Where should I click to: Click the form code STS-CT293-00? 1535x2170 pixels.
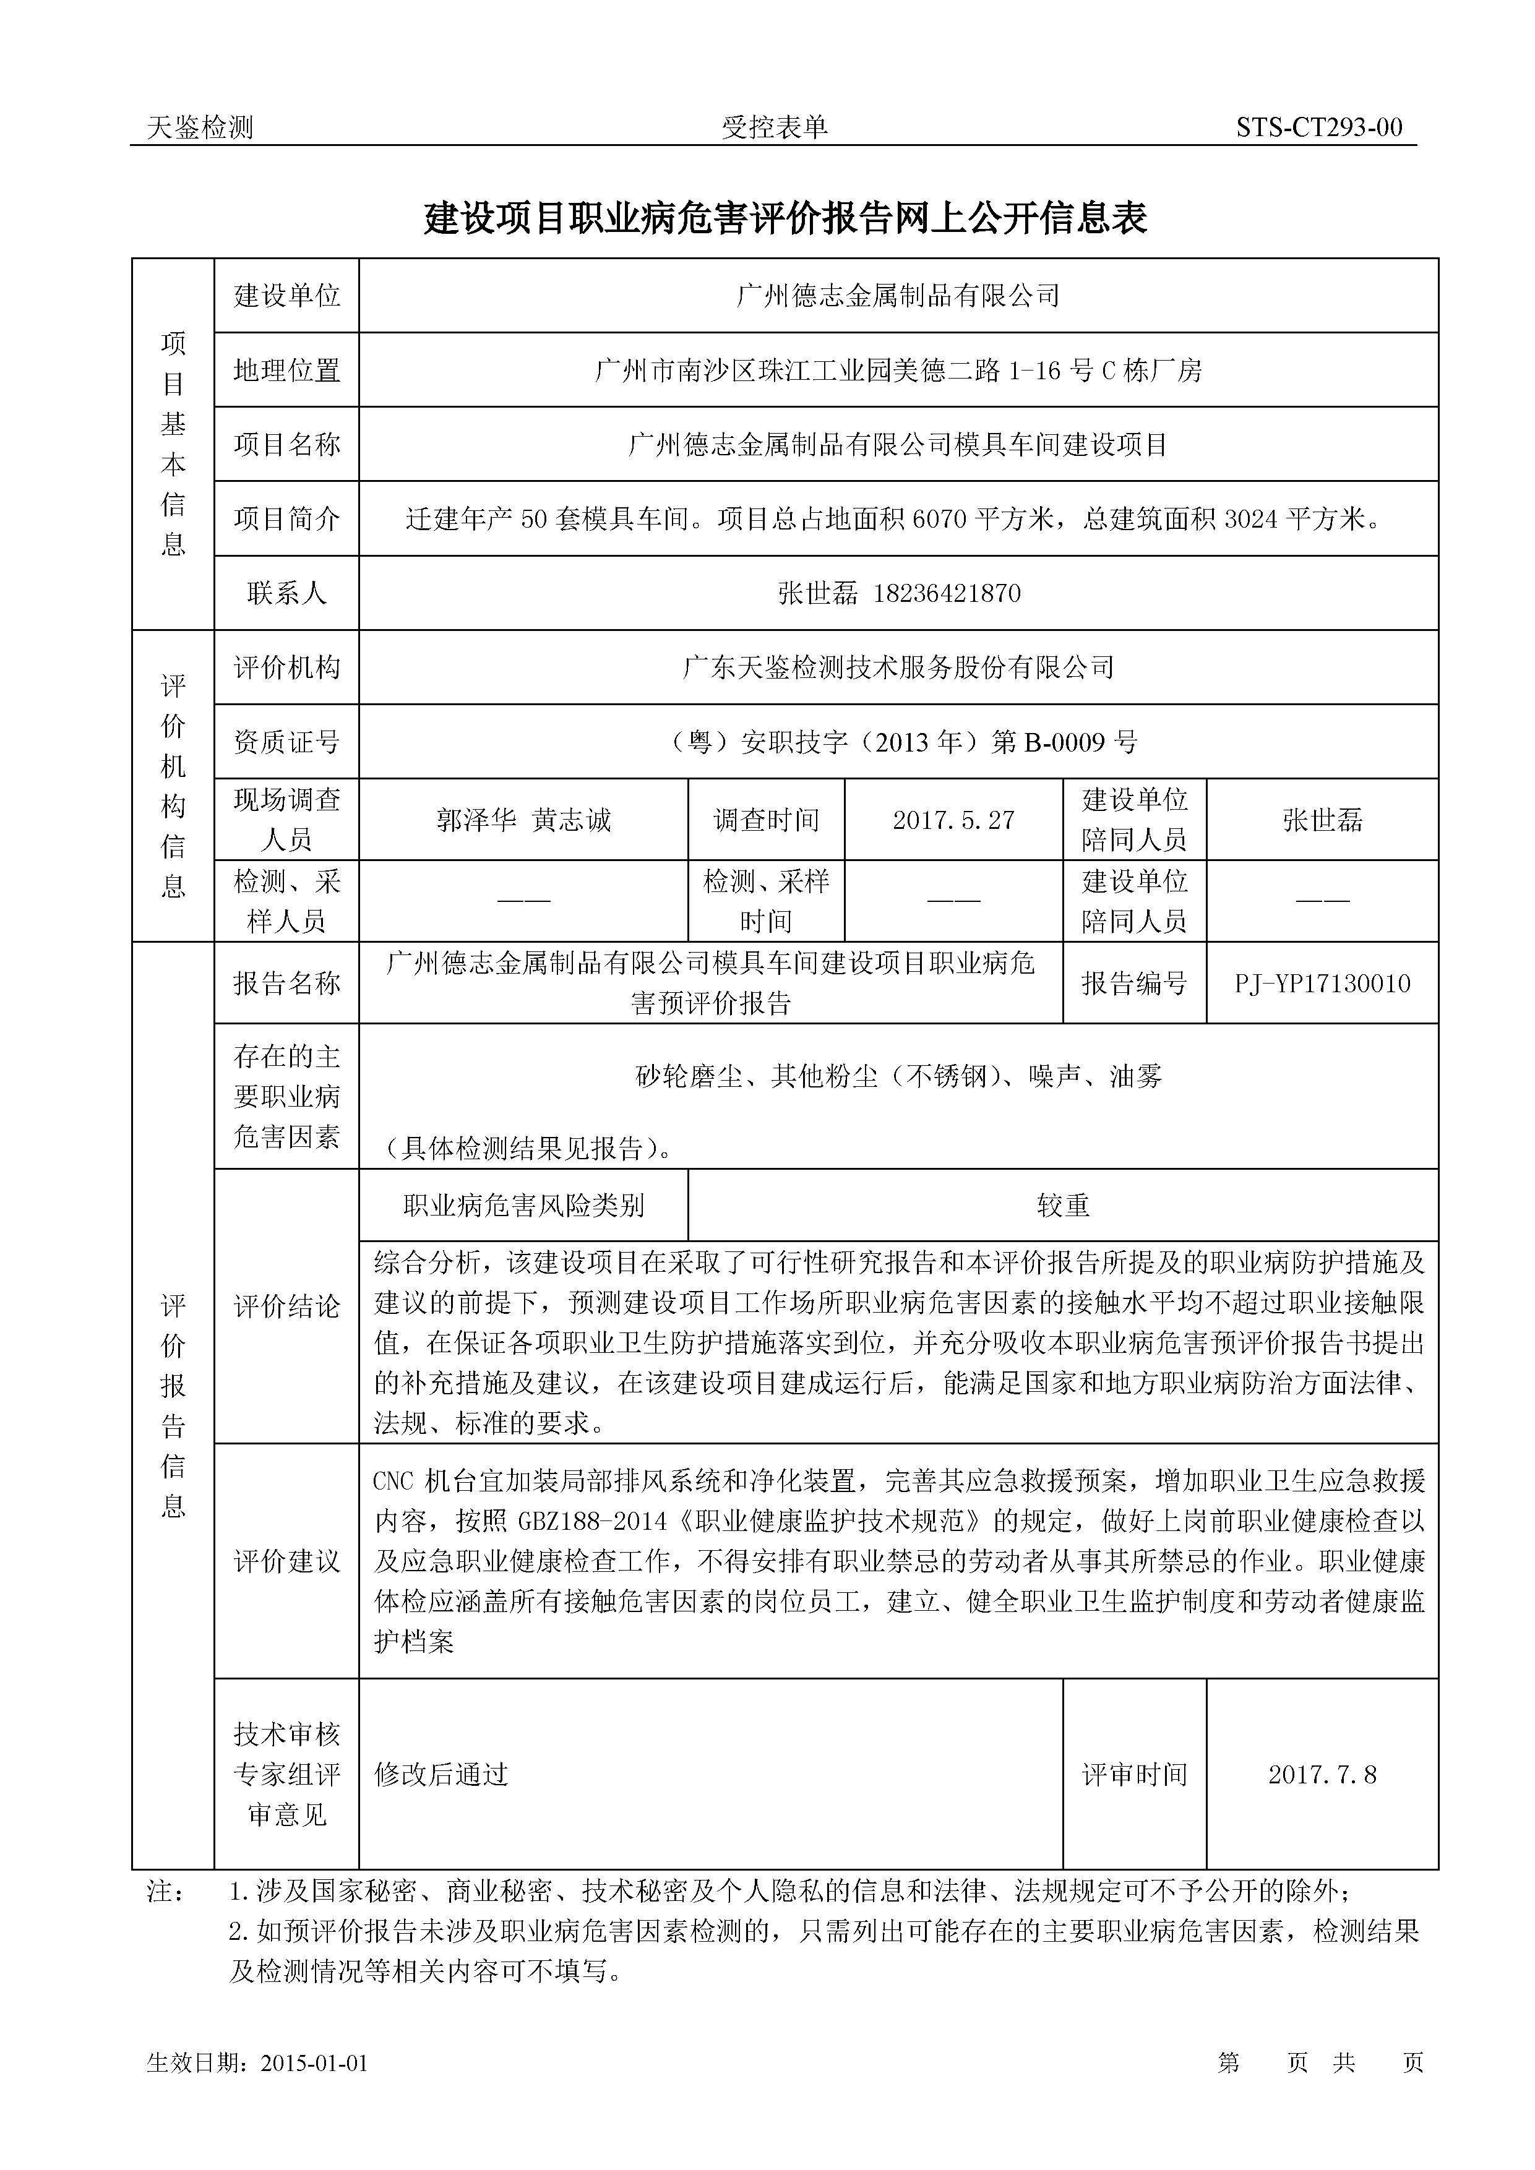click(1318, 127)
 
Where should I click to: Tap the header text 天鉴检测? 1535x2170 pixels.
click(200, 127)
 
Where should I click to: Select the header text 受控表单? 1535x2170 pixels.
click(775, 127)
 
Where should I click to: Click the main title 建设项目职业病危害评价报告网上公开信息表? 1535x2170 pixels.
click(785, 218)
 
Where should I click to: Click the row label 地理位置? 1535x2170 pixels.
click(286, 371)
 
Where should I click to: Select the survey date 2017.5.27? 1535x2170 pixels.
click(953, 820)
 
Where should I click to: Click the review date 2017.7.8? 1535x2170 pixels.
click(1322, 1774)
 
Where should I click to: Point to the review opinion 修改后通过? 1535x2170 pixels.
click(441, 1774)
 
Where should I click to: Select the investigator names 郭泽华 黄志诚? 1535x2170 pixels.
click(523, 820)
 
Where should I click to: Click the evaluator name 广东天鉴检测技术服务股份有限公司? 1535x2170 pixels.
click(898, 668)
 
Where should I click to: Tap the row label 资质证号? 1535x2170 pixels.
click(286, 742)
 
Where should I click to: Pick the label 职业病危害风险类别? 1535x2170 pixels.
click(523, 1205)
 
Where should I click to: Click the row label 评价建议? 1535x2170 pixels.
click(286, 1561)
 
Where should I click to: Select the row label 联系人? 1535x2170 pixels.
click(286, 594)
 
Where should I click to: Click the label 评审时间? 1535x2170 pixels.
click(1134, 1774)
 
